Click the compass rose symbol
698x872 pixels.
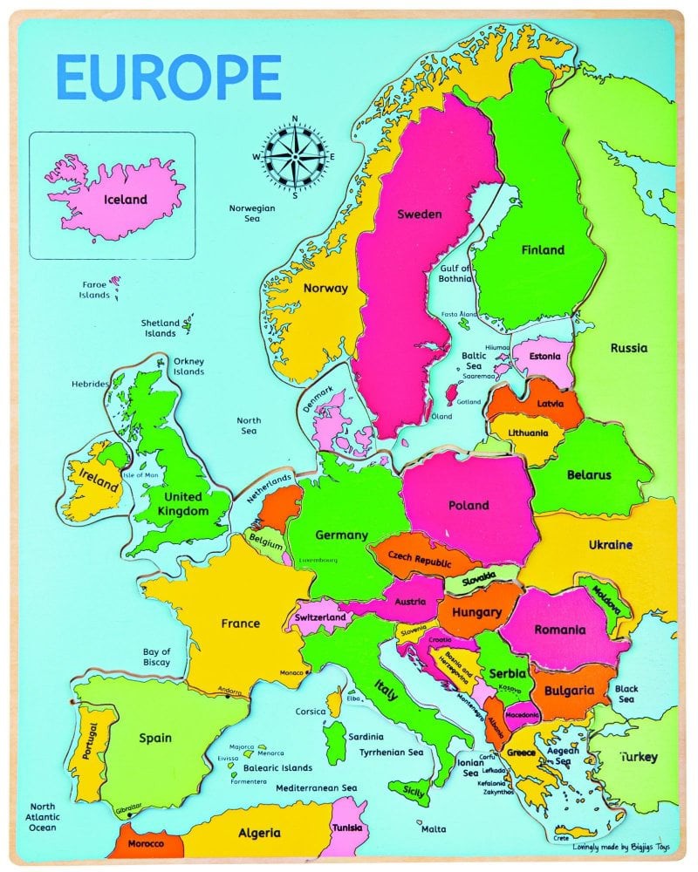click(295, 157)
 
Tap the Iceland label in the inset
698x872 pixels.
click(125, 199)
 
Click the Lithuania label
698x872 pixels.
click(522, 433)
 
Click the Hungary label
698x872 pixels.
click(476, 612)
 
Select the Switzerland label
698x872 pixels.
click(321, 617)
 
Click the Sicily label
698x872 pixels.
click(414, 791)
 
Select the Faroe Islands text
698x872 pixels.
click(95, 290)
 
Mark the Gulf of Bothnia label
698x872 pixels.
click(455, 274)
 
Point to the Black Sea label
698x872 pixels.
click(626, 694)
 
